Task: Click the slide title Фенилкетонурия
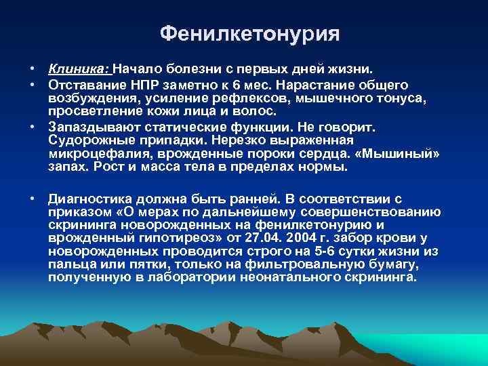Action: [249, 33]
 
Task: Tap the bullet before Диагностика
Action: [33, 199]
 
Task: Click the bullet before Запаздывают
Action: [33, 127]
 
